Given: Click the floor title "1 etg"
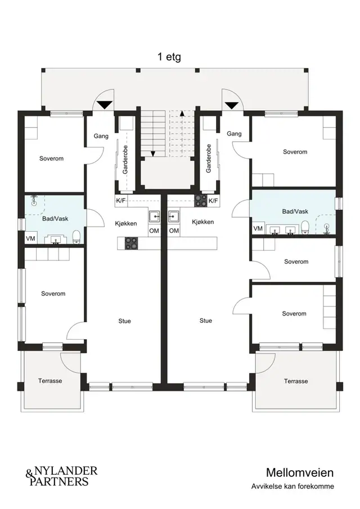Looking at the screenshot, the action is click(x=169, y=57).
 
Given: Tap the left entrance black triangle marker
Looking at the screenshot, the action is click(x=105, y=105).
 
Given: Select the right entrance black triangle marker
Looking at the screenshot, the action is click(x=231, y=105).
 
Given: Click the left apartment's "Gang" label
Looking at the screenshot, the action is click(x=101, y=136).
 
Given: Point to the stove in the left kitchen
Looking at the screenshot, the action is click(x=132, y=244).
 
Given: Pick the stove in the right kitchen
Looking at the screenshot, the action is click(x=201, y=201).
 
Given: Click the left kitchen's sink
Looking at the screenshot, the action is click(x=154, y=216).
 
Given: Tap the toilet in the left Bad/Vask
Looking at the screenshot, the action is click(x=76, y=236).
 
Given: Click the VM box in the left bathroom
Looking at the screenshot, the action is click(x=30, y=238).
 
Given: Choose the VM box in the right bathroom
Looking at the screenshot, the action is click(x=258, y=228).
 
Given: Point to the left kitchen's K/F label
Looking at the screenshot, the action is click(x=121, y=201).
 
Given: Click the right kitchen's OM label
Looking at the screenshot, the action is click(x=174, y=231).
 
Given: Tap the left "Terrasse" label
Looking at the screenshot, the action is click(x=50, y=381).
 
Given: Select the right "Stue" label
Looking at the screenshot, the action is click(x=206, y=321).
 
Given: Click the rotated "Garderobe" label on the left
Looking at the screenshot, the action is click(x=125, y=159).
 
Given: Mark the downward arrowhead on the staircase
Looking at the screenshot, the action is click(x=153, y=154).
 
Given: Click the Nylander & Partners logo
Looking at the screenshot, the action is click(x=61, y=476).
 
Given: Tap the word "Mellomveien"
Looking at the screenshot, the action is click(x=300, y=472).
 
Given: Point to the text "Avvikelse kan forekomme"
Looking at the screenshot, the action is click(x=292, y=487).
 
